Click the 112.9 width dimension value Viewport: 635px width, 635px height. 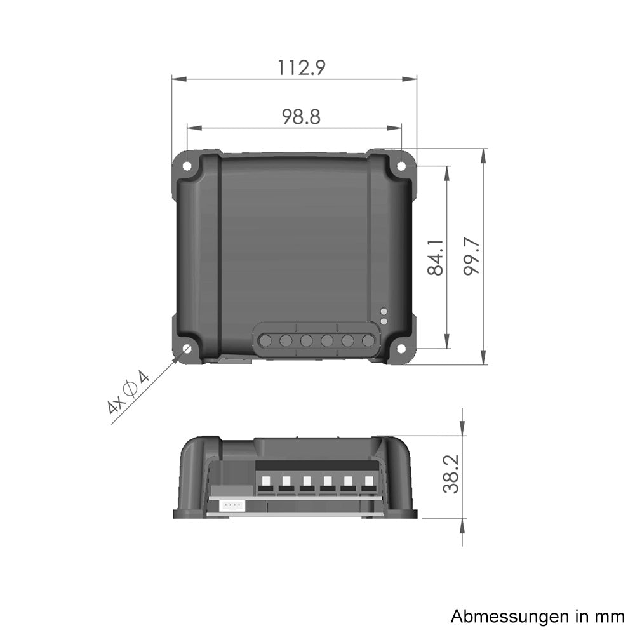(x=302, y=67)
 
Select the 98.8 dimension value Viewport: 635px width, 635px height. (x=301, y=116)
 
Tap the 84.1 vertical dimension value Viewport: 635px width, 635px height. (x=435, y=257)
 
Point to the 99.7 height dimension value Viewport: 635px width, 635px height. (x=471, y=257)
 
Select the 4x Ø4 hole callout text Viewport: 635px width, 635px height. (x=128, y=394)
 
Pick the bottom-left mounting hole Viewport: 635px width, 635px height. (x=188, y=349)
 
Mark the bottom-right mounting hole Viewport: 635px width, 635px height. (x=401, y=349)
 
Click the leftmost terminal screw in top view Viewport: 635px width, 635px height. (x=265, y=341)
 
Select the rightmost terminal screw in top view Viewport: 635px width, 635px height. (x=368, y=341)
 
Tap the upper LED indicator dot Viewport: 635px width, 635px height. (x=384, y=312)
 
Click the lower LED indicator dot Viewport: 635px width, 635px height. (x=384, y=321)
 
